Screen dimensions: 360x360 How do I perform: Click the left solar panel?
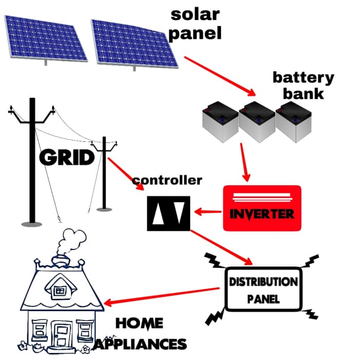click(45, 38)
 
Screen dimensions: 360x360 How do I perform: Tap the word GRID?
click(67, 158)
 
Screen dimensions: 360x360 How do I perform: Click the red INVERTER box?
click(261, 208)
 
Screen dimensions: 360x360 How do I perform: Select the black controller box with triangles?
click(168, 212)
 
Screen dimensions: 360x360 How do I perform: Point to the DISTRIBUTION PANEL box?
click(263, 290)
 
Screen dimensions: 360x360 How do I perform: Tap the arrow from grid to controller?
click(125, 173)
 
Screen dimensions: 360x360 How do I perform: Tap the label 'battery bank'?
click(302, 85)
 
